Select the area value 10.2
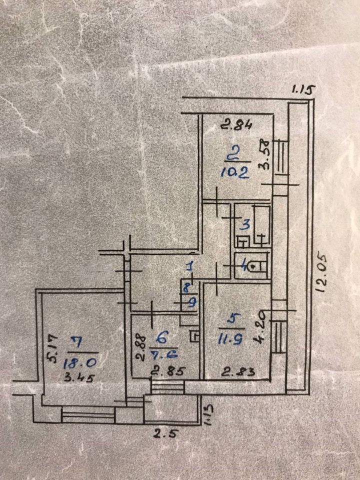[234, 173]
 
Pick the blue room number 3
[245, 224]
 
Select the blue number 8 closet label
[187, 287]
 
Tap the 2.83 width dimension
[233, 371]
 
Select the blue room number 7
[76, 342]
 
